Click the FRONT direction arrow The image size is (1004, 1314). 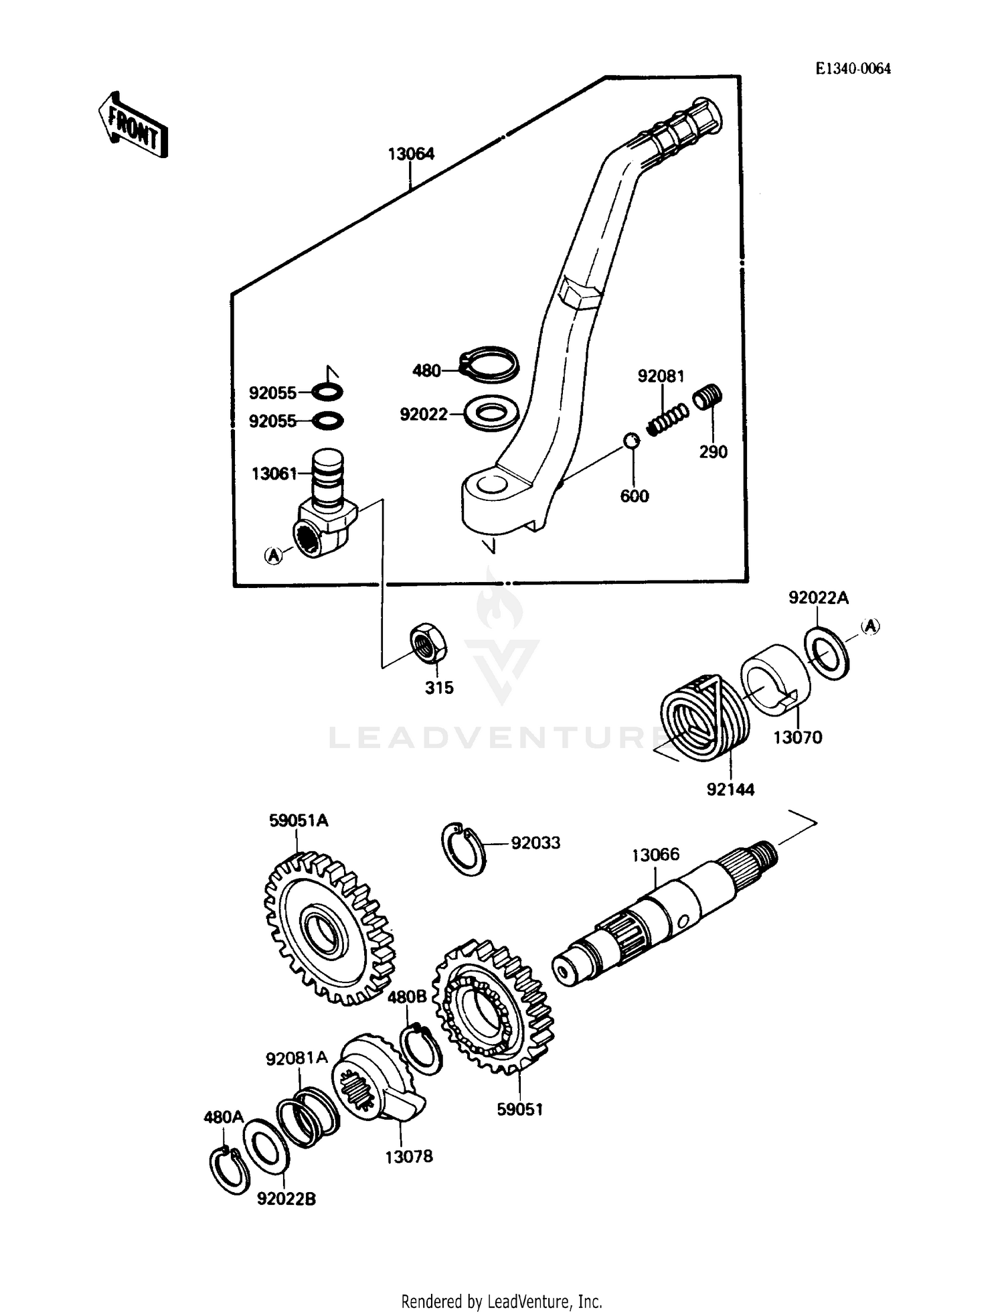point(133,125)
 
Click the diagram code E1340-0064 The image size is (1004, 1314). point(853,69)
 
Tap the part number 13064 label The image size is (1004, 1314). point(411,154)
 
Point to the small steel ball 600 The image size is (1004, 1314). point(631,440)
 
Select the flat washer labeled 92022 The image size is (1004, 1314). point(491,415)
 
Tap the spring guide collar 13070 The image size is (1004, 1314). point(775,679)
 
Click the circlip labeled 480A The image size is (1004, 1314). point(226,1169)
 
